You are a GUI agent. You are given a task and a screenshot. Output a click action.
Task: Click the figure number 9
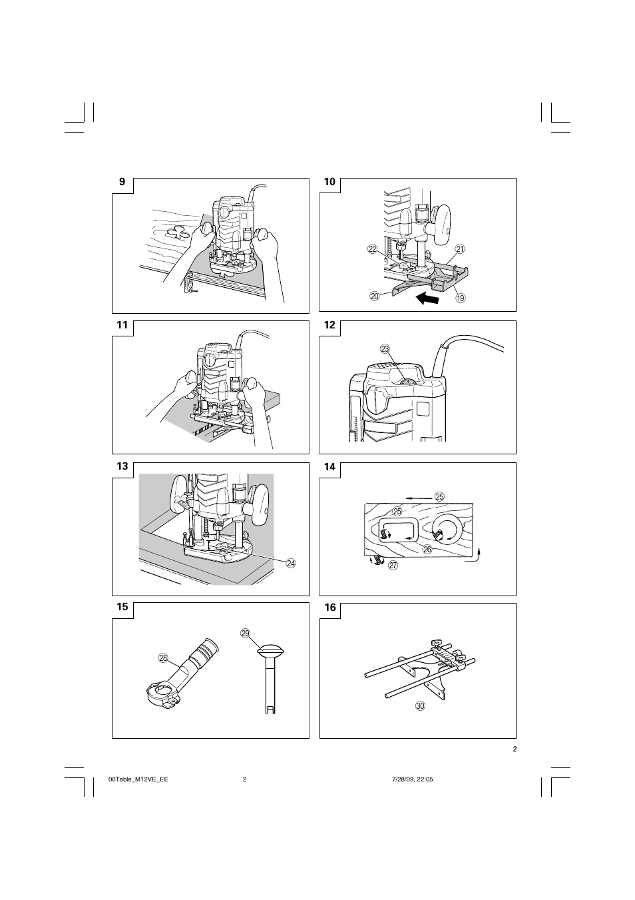(x=122, y=182)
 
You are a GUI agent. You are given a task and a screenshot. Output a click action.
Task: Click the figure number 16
(x=330, y=607)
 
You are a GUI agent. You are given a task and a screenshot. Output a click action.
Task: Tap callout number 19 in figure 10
(x=460, y=298)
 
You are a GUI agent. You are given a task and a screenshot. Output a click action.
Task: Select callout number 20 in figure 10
(x=374, y=296)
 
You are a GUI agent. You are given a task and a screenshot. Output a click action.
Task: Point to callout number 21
(x=459, y=248)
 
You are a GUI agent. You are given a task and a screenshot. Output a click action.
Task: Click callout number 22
(x=371, y=248)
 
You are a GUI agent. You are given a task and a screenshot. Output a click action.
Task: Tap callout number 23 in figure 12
(x=385, y=349)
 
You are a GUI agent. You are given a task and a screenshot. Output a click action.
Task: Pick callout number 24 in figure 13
(x=290, y=563)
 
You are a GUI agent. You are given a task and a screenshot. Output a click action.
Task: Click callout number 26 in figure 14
(x=427, y=549)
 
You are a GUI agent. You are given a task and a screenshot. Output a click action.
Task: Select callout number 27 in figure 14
(x=393, y=565)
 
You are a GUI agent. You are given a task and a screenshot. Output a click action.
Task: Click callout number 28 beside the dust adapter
(x=163, y=658)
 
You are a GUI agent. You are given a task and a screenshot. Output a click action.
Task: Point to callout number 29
(x=245, y=633)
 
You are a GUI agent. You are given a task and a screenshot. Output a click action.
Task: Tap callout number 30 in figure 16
(x=420, y=705)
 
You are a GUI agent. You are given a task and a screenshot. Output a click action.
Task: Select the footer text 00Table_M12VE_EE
(x=138, y=779)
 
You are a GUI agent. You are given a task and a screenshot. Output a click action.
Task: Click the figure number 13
(x=122, y=467)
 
